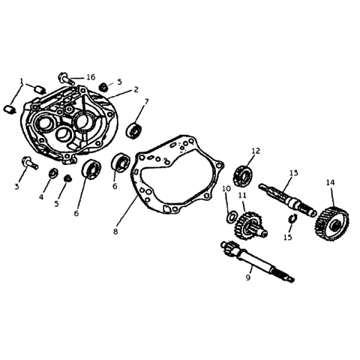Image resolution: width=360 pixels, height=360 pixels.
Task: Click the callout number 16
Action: (x=91, y=77)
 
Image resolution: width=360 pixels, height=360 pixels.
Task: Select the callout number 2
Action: (x=136, y=89)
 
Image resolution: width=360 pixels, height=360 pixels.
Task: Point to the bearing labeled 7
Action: (x=134, y=130)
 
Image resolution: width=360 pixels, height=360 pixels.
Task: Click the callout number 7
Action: (x=146, y=101)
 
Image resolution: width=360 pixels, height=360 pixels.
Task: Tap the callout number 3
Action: (x=16, y=186)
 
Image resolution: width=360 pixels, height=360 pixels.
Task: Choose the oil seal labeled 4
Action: (x=53, y=173)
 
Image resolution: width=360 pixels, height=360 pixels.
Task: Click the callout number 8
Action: (x=115, y=232)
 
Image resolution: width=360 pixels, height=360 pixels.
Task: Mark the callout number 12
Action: (x=256, y=151)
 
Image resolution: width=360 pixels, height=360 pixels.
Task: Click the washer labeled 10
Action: (x=232, y=217)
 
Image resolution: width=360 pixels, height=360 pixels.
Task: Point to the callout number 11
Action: (x=242, y=195)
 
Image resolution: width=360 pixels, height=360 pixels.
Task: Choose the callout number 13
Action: (x=294, y=172)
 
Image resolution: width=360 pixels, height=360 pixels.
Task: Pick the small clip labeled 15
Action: (x=292, y=218)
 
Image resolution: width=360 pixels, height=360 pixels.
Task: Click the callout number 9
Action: (x=248, y=277)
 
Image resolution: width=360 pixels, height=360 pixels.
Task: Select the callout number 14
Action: (x=330, y=182)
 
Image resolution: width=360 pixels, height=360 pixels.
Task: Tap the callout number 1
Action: (x=22, y=81)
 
